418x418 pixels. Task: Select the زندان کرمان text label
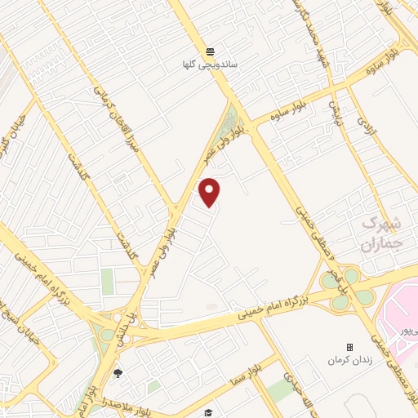pos(349,360)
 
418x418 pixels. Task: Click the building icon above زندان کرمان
pos(349,347)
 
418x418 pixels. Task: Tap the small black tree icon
pos(118,374)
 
